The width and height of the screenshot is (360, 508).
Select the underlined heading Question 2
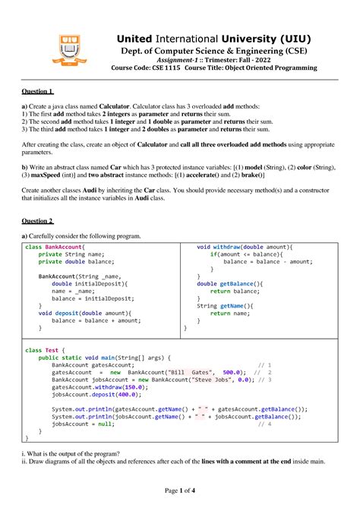[x=37, y=221]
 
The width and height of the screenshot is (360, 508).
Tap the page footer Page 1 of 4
[x=179, y=491]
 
